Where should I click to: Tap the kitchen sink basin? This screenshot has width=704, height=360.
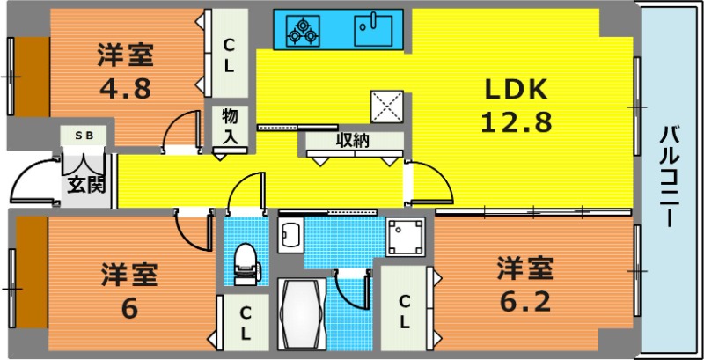372,31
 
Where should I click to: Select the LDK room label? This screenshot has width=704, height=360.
516,89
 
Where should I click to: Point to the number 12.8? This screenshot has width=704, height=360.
516,122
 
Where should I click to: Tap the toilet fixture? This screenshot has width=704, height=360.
246,264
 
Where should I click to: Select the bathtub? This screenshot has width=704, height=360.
302,313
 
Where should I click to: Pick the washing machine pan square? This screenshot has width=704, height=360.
405,237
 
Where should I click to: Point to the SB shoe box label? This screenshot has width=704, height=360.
84,136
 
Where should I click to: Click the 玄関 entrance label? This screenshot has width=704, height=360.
86,184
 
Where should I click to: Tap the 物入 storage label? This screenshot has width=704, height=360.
230,126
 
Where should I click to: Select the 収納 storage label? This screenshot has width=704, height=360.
353,141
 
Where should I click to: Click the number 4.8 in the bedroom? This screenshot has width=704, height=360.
125,89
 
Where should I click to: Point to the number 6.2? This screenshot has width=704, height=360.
524,302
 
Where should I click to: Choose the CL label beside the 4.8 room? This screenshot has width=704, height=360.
229,56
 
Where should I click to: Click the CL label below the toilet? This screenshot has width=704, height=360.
246,323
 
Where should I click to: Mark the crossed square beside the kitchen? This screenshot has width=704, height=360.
387,107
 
